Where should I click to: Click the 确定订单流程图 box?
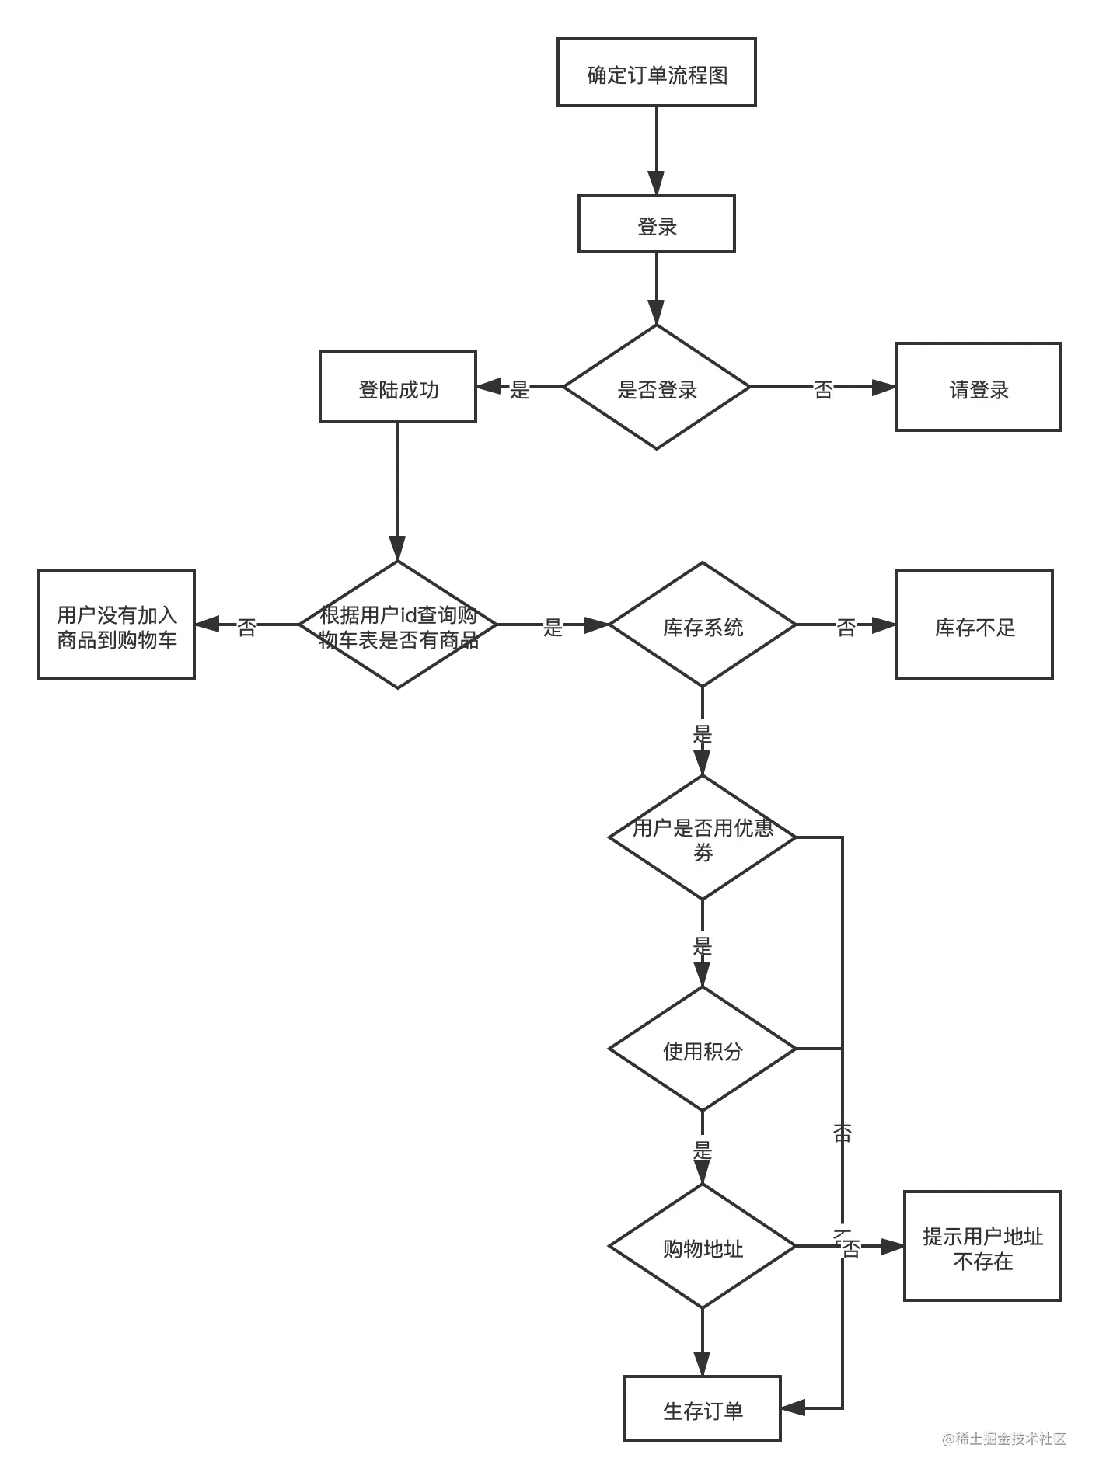[x=656, y=75]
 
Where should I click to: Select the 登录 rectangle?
[x=656, y=225]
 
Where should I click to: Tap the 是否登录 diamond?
[x=656, y=388]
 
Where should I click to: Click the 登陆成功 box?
[x=397, y=388]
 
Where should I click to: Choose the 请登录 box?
[x=979, y=388]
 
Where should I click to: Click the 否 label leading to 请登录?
[x=823, y=388]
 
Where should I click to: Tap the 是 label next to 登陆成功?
[x=518, y=388]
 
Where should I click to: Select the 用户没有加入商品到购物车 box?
[x=117, y=626]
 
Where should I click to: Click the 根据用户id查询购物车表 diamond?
[x=397, y=626]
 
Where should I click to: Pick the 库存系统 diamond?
[x=702, y=626]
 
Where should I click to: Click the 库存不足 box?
[x=975, y=626]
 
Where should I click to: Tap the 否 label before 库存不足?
[x=846, y=626]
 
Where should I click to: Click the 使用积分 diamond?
[x=702, y=1050]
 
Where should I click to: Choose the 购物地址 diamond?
[x=702, y=1248]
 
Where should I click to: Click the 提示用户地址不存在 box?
[x=982, y=1248]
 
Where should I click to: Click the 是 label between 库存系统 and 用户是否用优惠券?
[x=702, y=733]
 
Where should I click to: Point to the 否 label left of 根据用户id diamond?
[x=247, y=626]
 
